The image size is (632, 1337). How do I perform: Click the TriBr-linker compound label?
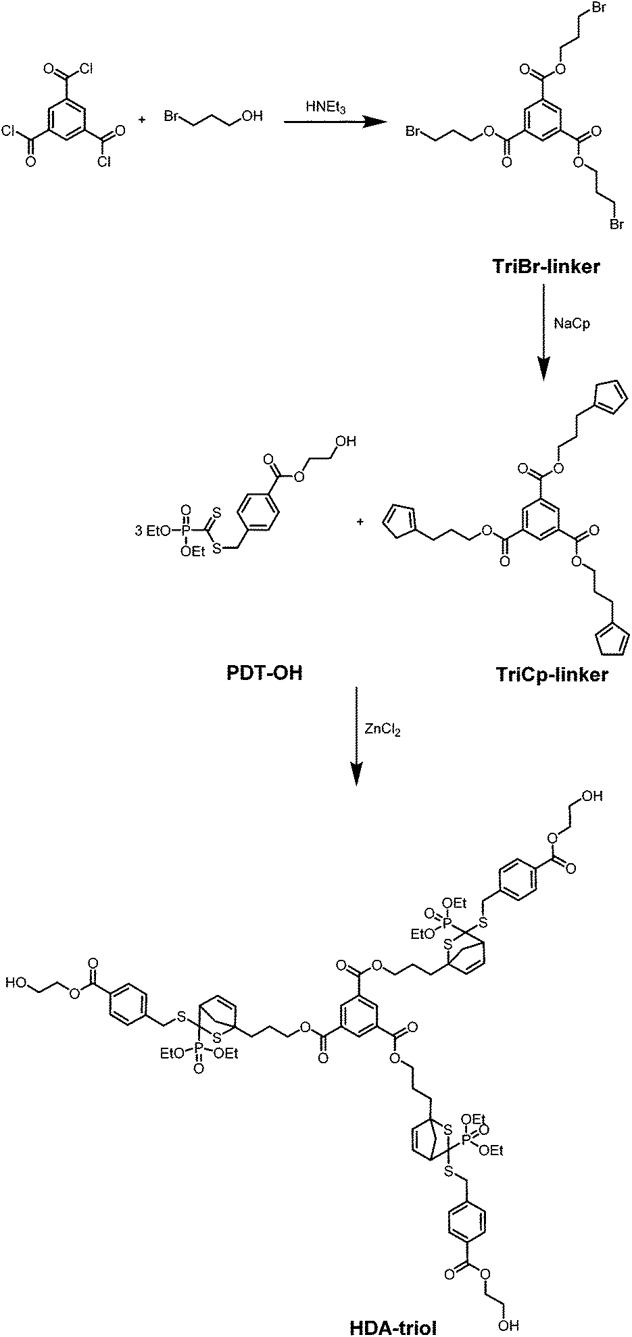[x=545, y=268]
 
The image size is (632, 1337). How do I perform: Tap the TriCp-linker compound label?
[x=552, y=675]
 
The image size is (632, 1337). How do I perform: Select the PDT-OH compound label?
[x=264, y=674]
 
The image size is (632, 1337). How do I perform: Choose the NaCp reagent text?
[x=572, y=324]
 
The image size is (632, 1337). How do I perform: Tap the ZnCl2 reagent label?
[x=383, y=730]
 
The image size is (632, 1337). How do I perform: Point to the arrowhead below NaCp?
[x=545, y=368]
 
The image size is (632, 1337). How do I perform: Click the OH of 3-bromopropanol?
[x=251, y=117]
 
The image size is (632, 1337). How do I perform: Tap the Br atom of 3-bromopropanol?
[x=172, y=117]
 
